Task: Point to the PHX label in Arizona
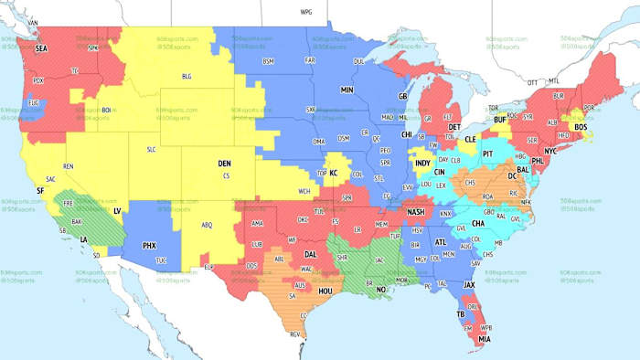coord(149,246)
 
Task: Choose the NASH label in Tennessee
coord(416,212)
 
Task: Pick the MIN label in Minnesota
coord(347,90)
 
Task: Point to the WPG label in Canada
coord(306,12)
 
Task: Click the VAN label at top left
coord(34,22)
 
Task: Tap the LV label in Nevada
coord(116,211)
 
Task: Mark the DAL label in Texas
coord(312,255)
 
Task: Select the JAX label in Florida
coord(470,285)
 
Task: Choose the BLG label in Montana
coord(187,76)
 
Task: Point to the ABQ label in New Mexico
coord(207,225)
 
